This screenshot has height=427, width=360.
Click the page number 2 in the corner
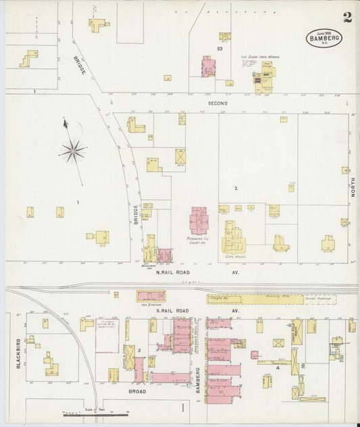[346, 17]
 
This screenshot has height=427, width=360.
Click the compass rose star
[72, 151]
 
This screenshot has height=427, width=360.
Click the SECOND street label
[217, 103]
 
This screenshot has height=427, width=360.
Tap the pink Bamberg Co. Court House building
[199, 221]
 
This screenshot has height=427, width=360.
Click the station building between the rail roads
[151, 296]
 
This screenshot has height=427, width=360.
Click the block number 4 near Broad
[278, 368]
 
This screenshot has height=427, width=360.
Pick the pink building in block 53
[208, 67]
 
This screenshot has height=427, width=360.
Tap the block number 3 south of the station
[138, 350]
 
